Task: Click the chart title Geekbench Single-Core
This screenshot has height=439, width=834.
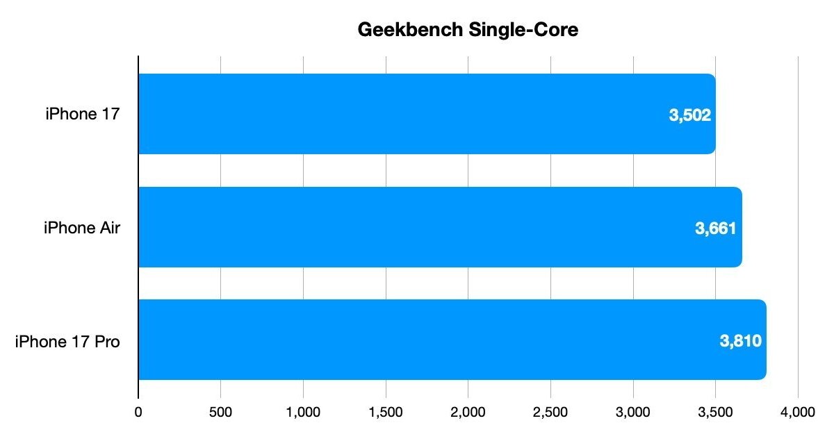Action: click(x=468, y=30)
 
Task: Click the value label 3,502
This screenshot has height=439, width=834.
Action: click(x=690, y=115)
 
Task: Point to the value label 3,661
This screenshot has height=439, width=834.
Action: click(x=716, y=228)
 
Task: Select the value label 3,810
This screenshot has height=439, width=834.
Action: click(x=741, y=341)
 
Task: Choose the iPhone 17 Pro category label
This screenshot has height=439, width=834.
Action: click(x=67, y=341)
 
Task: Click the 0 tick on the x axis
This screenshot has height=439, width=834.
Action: click(x=138, y=411)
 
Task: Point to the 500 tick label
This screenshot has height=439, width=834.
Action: click(x=220, y=411)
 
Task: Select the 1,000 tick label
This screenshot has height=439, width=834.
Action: click(x=303, y=411)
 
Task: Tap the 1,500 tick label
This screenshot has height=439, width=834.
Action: click(x=386, y=411)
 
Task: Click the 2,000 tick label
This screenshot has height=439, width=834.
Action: click(x=468, y=411)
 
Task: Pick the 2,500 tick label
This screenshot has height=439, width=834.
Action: click(x=550, y=411)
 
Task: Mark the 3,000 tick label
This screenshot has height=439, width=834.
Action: click(x=633, y=411)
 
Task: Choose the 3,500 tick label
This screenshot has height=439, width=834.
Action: click(x=715, y=411)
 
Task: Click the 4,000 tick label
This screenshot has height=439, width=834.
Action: click(x=797, y=411)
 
